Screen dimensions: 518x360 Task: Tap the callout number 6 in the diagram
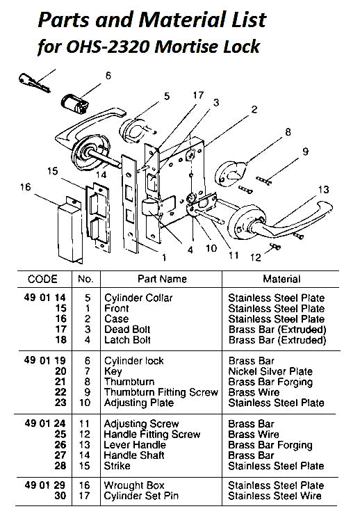tap(108, 76)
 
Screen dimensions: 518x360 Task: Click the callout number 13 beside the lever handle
tap(322, 190)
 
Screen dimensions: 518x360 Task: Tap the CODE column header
tap(42, 280)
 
